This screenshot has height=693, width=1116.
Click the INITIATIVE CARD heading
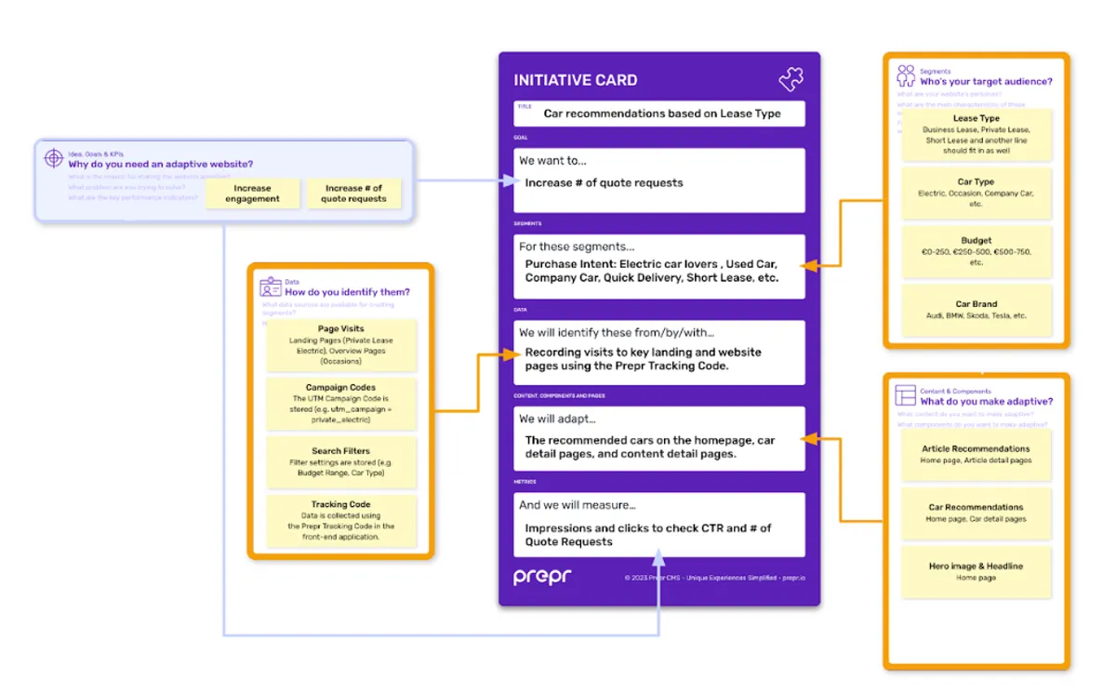coord(576,80)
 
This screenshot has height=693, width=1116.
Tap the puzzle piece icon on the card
coord(790,79)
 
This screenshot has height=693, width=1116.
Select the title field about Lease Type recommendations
coord(661,113)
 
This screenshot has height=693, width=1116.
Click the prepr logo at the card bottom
coord(542,577)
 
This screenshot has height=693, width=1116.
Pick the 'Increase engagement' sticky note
coord(252,193)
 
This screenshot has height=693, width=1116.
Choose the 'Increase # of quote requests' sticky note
coord(353,193)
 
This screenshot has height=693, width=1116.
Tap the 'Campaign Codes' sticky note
coord(340,403)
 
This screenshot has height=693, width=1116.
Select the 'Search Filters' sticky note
coord(340,461)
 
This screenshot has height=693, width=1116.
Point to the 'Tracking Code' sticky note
coord(340,520)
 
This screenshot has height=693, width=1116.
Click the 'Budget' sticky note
coord(976,251)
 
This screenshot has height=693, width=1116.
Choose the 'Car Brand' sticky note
coord(976,310)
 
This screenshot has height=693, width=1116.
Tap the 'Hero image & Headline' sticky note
coord(976,571)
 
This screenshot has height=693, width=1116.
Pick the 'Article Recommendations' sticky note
coord(976,454)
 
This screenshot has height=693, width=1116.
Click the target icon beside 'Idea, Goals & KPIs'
coord(54,159)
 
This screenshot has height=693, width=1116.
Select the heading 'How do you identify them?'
coord(347,292)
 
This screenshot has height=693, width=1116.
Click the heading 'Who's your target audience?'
coord(986,82)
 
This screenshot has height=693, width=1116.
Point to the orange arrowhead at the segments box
coord(809,266)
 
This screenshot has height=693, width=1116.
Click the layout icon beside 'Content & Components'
coord(905,395)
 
